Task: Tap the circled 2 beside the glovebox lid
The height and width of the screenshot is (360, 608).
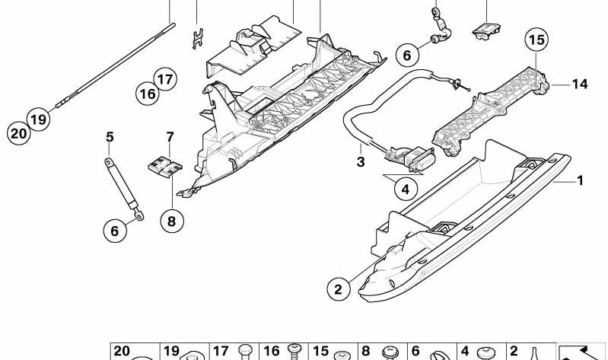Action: (x=339, y=288)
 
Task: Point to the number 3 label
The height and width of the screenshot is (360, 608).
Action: (x=361, y=162)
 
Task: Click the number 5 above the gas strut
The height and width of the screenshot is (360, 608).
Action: (x=110, y=138)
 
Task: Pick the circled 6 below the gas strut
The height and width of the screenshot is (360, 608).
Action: (x=115, y=231)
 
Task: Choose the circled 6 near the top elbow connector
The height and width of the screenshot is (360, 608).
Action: (x=407, y=55)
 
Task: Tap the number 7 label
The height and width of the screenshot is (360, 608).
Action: (x=170, y=138)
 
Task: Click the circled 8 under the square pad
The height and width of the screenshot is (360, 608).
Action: (x=171, y=221)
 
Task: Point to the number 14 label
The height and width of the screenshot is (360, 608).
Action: (x=580, y=84)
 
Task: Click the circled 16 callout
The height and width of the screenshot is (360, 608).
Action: (x=147, y=94)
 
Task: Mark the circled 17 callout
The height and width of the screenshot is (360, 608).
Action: (x=165, y=78)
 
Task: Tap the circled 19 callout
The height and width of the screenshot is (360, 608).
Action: (x=39, y=119)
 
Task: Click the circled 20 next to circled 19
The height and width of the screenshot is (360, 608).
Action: (x=18, y=133)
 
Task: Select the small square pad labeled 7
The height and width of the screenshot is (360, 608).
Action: (x=163, y=167)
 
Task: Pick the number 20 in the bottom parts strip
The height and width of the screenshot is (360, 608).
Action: (x=122, y=351)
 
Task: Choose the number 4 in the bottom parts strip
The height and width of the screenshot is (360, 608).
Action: (x=464, y=352)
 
